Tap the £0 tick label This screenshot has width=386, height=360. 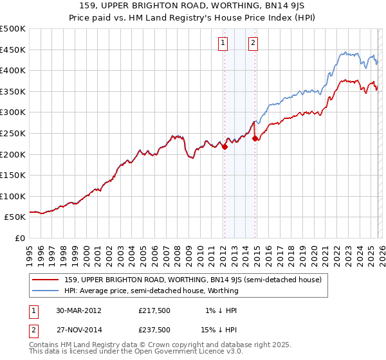pyautogui.click(x=21, y=238)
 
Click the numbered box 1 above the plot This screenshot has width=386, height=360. pyautogui.click(x=223, y=43)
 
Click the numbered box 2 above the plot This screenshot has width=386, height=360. pyautogui.click(x=253, y=43)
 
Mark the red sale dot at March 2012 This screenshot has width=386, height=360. pyautogui.click(x=225, y=147)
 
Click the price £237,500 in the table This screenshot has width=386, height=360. pyautogui.click(x=154, y=329)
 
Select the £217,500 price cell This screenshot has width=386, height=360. pyautogui.click(x=154, y=310)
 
